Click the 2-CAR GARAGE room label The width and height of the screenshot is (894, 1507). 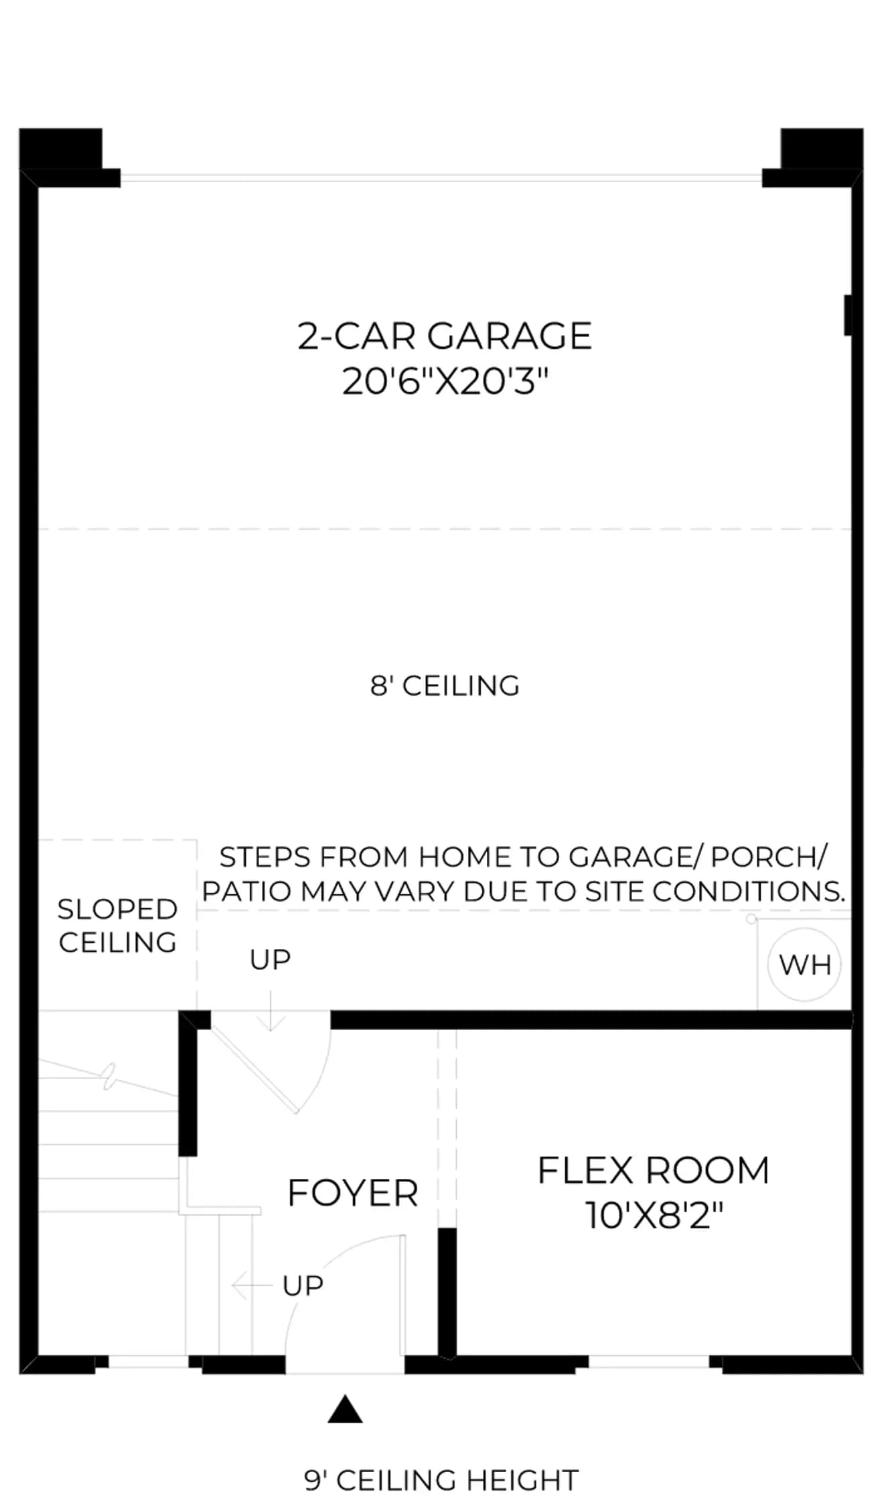coord(445,336)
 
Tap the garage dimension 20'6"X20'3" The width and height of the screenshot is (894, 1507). coord(445,382)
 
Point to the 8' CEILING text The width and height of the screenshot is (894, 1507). coord(445,685)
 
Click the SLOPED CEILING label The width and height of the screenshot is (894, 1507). coord(117,926)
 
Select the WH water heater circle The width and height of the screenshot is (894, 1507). coord(804,964)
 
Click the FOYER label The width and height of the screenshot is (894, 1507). coord(353,1193)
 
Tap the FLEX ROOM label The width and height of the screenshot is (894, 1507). coord(654,1170)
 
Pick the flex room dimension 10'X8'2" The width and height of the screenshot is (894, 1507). coord(654,1216)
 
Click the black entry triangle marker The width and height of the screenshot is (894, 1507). coord(345,1409)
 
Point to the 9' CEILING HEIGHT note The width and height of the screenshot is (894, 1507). coord(441,1480)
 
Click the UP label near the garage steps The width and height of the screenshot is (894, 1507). coord(270,960)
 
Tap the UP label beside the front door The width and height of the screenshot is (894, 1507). coord(303,1285)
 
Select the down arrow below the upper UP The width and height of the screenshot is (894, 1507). coord(270,1011)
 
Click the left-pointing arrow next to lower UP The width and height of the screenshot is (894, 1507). coord(252,1285)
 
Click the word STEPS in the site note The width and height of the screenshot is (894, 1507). coord(266,857)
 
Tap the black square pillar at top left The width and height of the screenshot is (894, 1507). coord(61,149)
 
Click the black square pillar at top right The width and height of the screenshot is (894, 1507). coord(822,149)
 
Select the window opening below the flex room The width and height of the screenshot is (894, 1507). coord(648,1361)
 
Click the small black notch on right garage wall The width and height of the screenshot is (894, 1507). coord(848,315)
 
